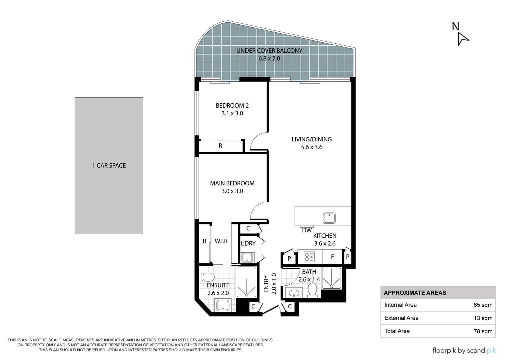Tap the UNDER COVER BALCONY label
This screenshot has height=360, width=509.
[269, 51]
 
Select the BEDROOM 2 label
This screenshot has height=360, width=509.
[232, 106]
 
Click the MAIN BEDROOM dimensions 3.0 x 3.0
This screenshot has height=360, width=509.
[232, 191]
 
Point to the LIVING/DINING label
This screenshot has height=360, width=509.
[311, 139]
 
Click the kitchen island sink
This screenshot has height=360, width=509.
[329, 218]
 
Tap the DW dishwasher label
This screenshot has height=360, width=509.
[307, 230]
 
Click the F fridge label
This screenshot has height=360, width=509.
[332, 257]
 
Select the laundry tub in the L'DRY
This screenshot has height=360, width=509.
[247, 258]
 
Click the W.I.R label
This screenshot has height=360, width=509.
[221, 241]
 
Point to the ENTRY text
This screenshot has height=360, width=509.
[266, 284]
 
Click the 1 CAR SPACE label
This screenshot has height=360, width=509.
[109, 166]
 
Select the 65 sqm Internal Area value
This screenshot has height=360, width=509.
[483, 305]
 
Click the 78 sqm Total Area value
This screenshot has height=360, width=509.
[483, 331]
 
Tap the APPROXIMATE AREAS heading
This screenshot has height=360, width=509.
[415, 293]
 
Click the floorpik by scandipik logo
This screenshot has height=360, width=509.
[464, 350]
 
